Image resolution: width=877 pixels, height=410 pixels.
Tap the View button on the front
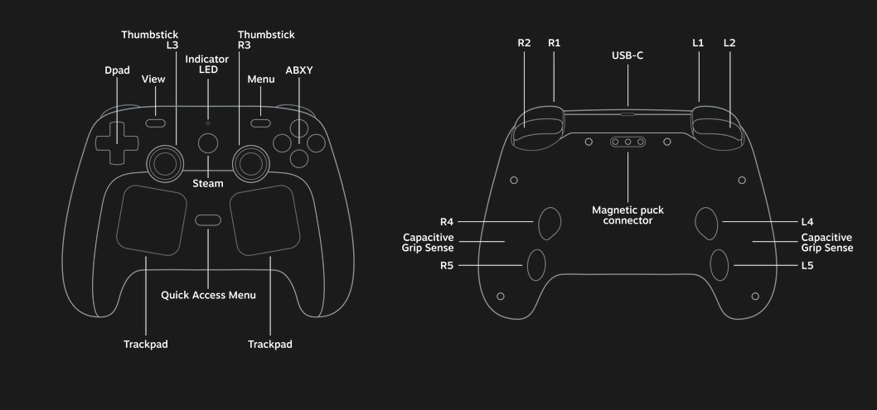pyautogui.click(x=155, y=123)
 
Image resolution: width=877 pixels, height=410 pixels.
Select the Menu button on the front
pyautogui.click(x=261, y=123)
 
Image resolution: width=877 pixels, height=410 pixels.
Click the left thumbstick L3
pyautogui.click(x=166, y=162)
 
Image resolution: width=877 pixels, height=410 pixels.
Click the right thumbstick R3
pyautogui.click(x=250, y=162)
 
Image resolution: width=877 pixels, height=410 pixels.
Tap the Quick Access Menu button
pyautogui.click(x=208, y=220)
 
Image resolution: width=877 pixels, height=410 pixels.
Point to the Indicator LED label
pyautogui.click(x=201, y=65)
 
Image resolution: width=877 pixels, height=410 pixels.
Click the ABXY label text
pyautogui.click(x=299, y=70)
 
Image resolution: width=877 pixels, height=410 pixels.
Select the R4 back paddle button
pyautogui.click(x=550, y=221)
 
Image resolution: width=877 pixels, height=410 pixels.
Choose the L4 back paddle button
pyautogui.click(x=706, y=221)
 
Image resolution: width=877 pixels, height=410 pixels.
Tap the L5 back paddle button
pyautogui.click(x=719, y=264)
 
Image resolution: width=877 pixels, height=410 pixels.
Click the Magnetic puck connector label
pyautogui.click(x=627, y=215)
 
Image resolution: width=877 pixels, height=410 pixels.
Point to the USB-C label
pyautogui.click(x=627, y=55)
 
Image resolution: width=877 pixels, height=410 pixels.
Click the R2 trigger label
pyautogui.click(x=524, y=43)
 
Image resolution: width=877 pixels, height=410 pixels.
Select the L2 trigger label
pyautogui.click(x=729, y=43)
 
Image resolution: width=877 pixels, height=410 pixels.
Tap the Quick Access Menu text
pyautogui.click(x=208, y=295)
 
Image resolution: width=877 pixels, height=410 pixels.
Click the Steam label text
pyautogui.click(x=208, y=183)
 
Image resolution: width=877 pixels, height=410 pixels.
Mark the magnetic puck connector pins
pyautogui.click(x=627, y=142)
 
